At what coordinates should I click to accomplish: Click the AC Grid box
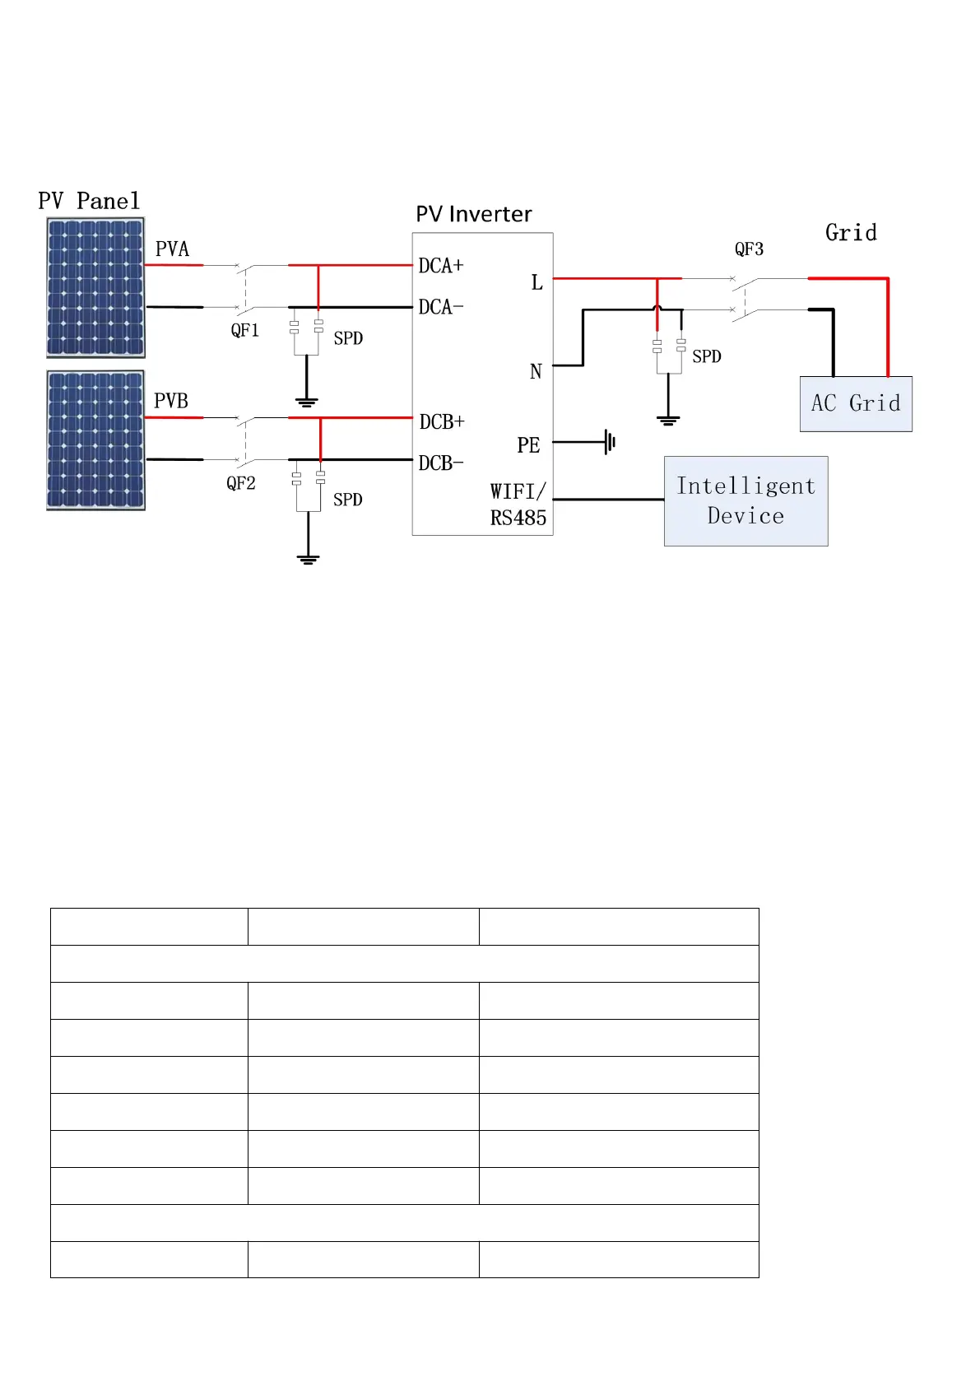point(856,403)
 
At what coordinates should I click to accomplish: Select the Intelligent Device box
point(745,500)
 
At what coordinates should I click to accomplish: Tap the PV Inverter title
point(474,214)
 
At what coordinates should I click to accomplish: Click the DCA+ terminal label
point(441,266)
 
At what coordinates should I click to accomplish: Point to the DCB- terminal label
point(441,463)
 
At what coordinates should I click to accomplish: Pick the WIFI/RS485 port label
point(518,505)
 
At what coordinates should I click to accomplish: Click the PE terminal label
point(528,445)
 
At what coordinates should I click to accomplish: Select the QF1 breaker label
point(245,331)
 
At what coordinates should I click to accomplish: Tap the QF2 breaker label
point(241,483)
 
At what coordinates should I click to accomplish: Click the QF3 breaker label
point(749,249)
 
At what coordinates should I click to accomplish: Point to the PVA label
point(172,249)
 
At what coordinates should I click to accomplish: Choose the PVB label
point(171,401)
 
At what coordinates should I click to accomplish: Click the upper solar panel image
point(95,287)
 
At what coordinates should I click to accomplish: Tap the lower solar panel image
point(95,440)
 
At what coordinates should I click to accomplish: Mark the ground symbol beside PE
point(610,442)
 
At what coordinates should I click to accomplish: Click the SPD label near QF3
point(706,356)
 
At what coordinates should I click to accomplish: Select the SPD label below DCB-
point(347,500)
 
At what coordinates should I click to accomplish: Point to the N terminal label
point(536,372)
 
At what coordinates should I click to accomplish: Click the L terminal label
point(536,282)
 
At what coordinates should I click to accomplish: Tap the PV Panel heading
point(89,201)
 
